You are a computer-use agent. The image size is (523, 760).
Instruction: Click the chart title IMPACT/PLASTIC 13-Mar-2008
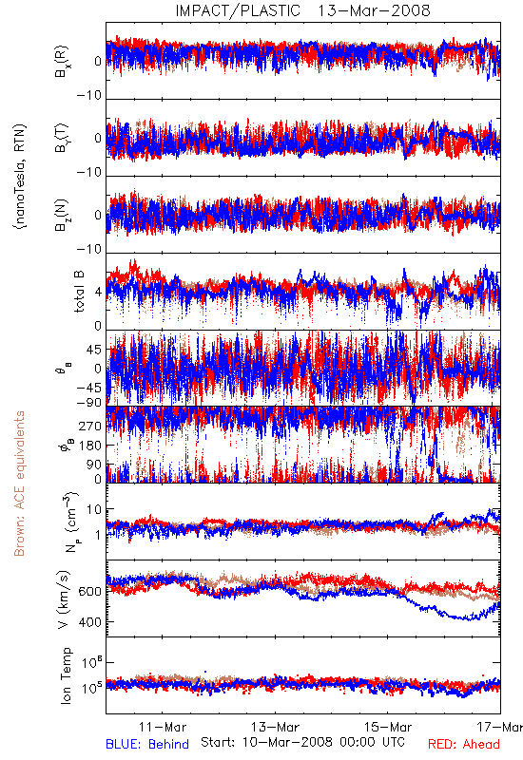(x=302, y=10)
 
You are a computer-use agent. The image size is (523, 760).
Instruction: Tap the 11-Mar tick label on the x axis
(x=162, y=727)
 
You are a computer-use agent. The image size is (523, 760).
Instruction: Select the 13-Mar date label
(x=275, y=727)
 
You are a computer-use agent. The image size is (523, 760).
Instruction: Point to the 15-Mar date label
(x=388, y=727)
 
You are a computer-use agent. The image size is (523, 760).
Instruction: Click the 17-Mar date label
(x=500, y=727)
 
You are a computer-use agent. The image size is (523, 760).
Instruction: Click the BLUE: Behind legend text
(x=147, y=744)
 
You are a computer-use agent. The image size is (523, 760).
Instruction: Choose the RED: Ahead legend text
(x=464, y=744)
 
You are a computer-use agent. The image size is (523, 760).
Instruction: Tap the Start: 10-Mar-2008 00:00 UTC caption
(x=302, y=742)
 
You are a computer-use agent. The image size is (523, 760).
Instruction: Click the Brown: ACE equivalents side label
(x=19, y=484)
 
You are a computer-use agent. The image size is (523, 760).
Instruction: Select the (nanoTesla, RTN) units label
(x=20, y=176)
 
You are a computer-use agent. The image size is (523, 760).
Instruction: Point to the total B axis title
(x=79, y=291)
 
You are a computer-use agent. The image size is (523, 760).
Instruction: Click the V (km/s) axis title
(x=64, y=599)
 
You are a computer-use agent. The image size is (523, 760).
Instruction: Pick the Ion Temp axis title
(x=66, y=675)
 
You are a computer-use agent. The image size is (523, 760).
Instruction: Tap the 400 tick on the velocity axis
(x=90, y=622)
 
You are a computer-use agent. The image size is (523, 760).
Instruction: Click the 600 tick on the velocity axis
(x=90, y=592)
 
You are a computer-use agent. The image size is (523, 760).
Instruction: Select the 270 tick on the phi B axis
(x=90, y=426)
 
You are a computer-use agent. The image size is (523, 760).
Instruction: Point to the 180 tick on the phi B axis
(x=90, y=446)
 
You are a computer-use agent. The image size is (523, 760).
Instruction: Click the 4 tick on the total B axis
(x=99, y=293)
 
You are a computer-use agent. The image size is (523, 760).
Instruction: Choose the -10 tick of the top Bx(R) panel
(x=88, y=96)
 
